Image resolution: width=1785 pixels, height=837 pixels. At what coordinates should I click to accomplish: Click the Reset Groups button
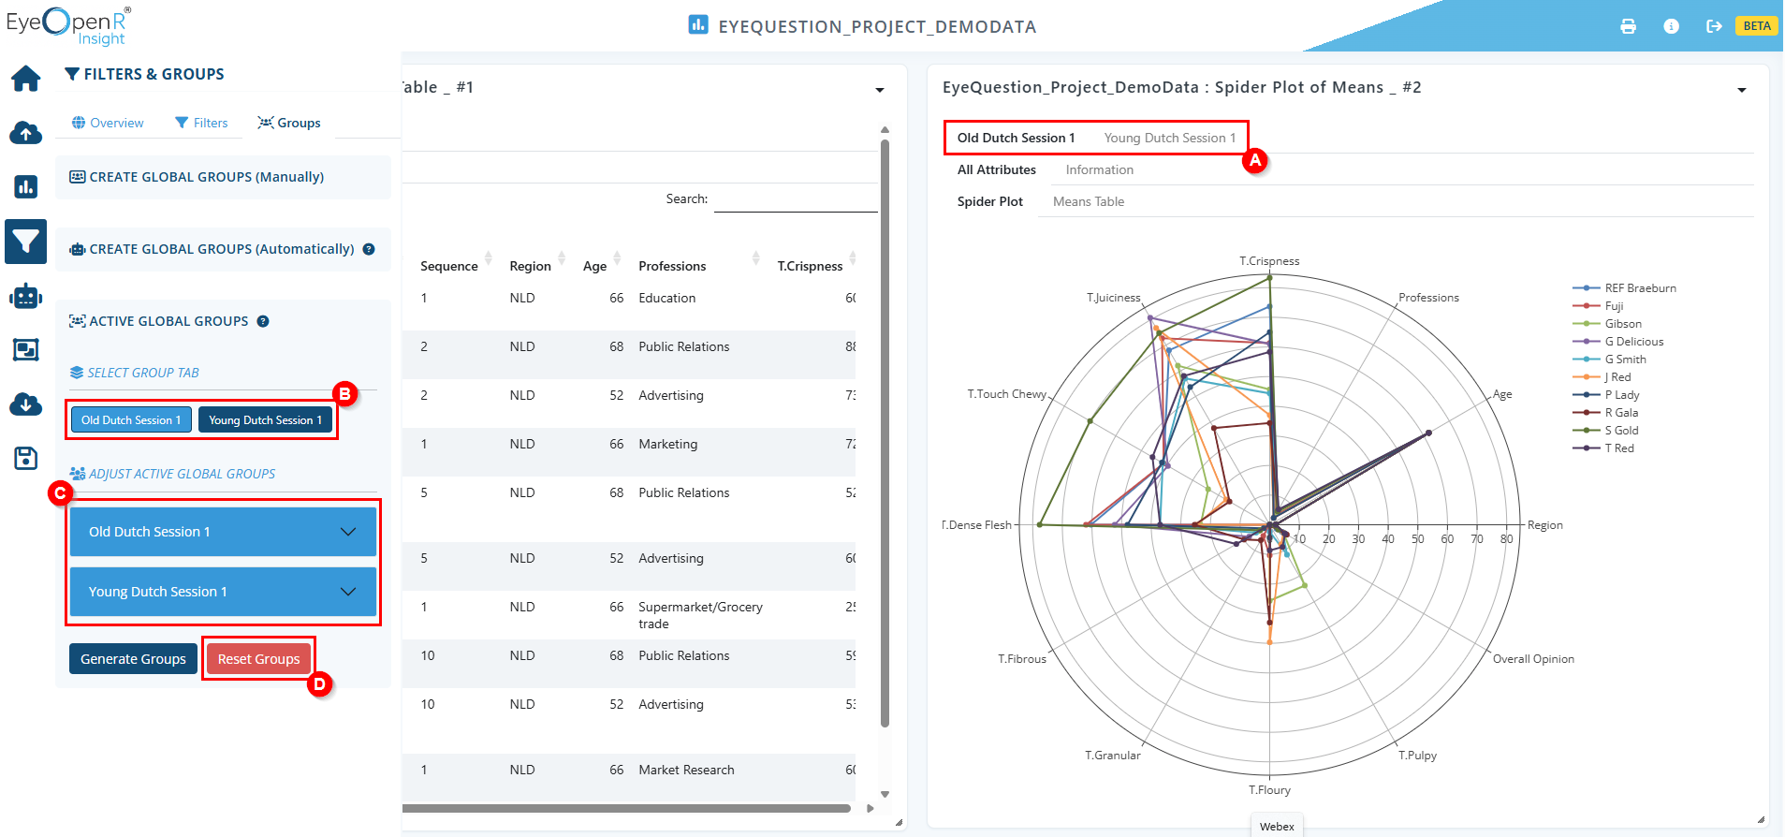[x=258, y=659]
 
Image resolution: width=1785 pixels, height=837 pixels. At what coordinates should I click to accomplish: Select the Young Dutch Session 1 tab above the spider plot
[x=1169, y=138]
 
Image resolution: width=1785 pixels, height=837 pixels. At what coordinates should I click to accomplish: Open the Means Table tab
[x=1089, y=201]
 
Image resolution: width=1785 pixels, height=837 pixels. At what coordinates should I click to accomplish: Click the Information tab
[x=1099, y=169]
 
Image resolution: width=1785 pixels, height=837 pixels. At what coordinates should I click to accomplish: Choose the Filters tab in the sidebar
[x=201, y=123]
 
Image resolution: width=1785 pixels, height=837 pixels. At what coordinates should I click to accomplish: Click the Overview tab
[x=108, y=123]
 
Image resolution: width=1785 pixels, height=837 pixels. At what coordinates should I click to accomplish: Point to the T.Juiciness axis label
[x=1114, y=298]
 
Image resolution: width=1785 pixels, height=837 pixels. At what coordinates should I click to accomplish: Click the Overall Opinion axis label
[x=1533, y=659]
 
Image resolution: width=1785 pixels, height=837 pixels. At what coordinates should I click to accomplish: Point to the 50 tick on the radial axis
[x=1418, y=539]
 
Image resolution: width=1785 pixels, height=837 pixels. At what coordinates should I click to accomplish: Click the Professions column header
[x=672, y=266]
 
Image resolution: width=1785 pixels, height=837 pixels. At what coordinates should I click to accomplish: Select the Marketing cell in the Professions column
[x=667, y=444]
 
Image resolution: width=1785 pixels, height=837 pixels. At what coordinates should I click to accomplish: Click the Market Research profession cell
[x=686, y=770]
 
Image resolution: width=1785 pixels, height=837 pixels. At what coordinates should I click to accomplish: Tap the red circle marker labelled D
[x=320, y=684]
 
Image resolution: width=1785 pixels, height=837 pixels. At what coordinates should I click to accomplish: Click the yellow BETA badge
[x=1757, y=26]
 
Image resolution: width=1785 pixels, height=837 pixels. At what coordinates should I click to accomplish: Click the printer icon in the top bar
[x=1629, y=26]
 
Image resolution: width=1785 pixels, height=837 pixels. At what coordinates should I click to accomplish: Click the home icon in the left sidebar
[x=26, y=79]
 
